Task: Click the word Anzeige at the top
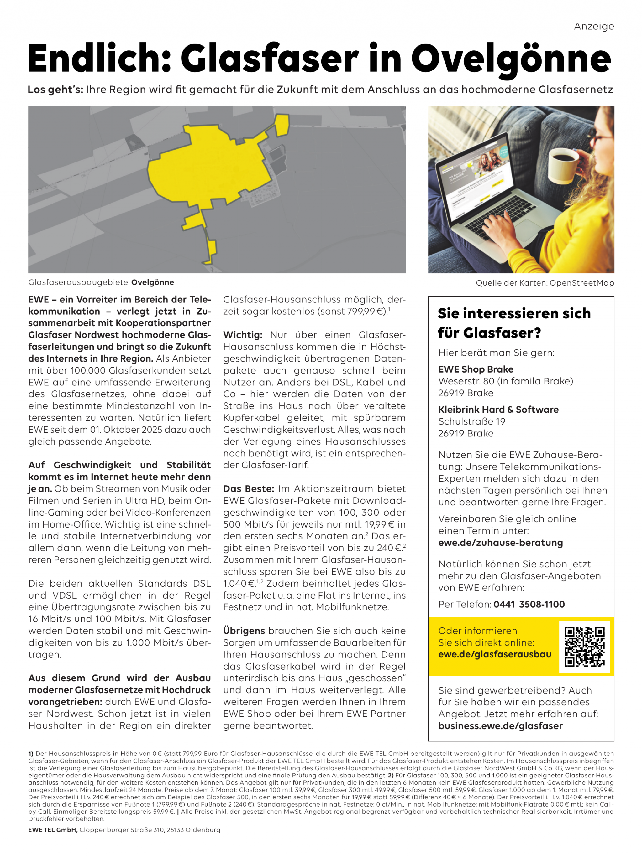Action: point(594,26)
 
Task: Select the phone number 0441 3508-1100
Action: point(529,604)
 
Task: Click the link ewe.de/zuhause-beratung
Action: point(500,543)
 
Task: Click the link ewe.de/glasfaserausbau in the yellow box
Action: point(494,654)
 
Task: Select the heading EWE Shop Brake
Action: point(476,369)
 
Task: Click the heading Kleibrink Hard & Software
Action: point(498,410)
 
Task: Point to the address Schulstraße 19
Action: point(471,421)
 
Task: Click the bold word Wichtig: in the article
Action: point(243,335)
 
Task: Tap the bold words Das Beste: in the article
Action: point(248,489)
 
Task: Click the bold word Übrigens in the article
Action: point(244,631)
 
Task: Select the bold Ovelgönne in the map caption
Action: point(153,282)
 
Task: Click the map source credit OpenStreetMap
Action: point(581,283)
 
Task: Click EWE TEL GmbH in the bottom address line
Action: point(53,830)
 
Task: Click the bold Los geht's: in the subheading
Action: point(55,90)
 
